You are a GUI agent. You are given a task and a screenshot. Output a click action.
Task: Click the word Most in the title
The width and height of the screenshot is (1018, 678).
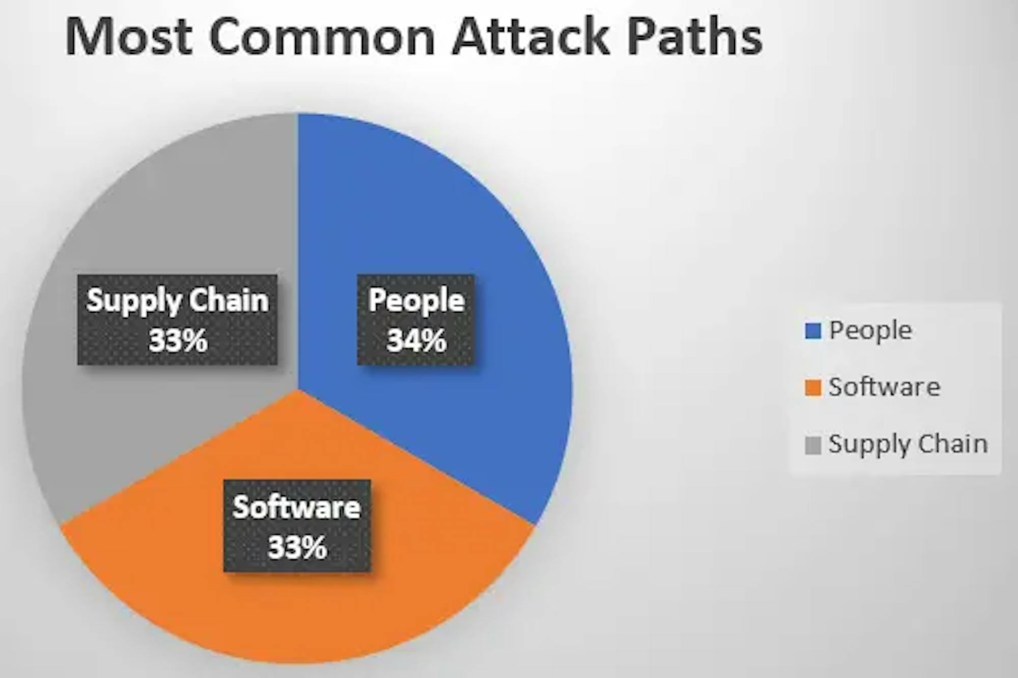129,36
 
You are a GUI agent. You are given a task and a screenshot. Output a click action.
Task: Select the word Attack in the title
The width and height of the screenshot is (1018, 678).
531,36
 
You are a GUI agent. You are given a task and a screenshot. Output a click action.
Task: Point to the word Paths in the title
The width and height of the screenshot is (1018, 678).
694,36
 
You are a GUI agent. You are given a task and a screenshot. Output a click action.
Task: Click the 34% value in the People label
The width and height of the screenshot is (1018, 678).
416,340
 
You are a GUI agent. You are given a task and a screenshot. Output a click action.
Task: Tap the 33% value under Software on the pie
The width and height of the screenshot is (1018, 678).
297,547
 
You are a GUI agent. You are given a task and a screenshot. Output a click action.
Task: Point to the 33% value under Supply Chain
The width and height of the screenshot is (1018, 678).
178,340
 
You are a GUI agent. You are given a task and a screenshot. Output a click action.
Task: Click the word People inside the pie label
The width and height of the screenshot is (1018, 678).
416,301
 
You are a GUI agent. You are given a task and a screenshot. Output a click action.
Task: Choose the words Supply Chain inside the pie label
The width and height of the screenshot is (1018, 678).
178,301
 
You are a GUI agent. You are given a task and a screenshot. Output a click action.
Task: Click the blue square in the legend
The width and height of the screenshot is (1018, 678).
813,332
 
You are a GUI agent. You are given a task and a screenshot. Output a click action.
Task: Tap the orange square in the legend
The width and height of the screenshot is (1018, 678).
813,388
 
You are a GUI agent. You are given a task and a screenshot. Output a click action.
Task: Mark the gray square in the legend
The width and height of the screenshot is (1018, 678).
813,445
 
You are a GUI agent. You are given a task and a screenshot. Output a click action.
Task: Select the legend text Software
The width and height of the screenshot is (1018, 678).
885,387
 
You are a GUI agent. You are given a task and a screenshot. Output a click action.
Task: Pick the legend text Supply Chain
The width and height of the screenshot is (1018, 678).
909,445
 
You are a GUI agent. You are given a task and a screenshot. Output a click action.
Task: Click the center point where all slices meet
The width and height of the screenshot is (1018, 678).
298,389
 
